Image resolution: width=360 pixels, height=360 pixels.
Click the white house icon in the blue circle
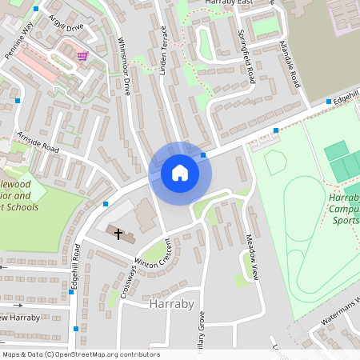click(x=180, y=173)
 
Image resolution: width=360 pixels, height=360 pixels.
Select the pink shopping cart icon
click(x=82, y=55)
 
